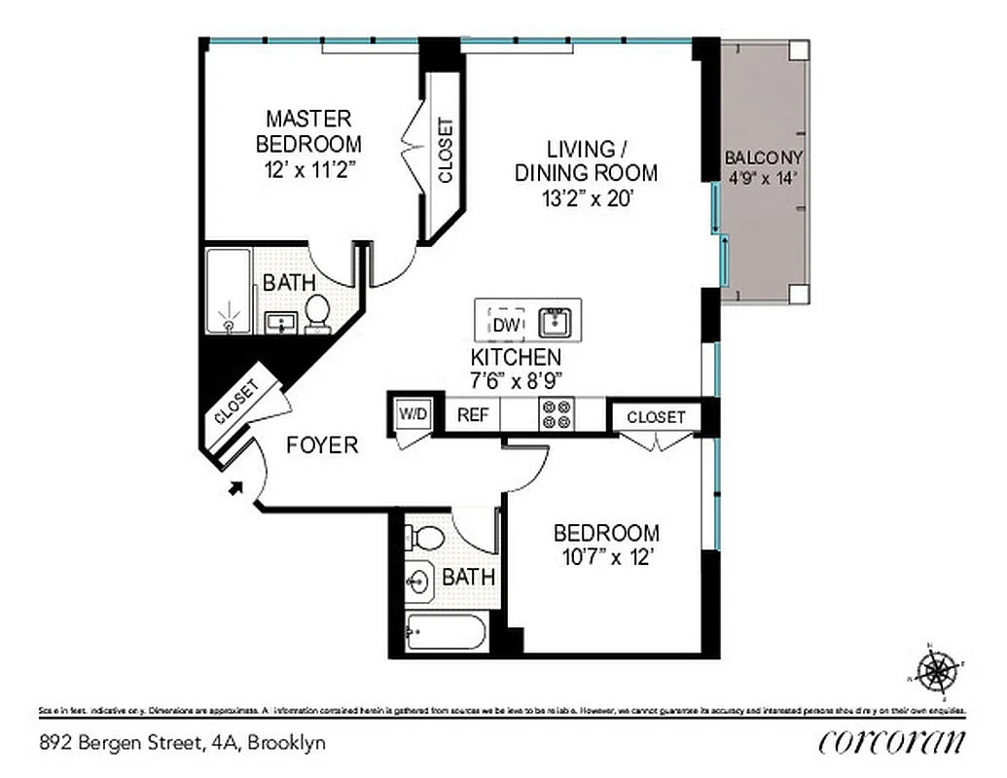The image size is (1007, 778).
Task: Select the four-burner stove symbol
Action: [x=557, y=414]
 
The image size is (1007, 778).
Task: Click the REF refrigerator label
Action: [x=473, y=415]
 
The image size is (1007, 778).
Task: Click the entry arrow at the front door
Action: [x=234, y=487]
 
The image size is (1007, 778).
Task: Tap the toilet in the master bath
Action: [x=317, y=312]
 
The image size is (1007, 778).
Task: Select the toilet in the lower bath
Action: [x=424, y=537]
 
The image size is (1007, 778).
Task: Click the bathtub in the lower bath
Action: [x=447, y=635]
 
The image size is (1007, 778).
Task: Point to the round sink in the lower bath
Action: [x=419, y=582]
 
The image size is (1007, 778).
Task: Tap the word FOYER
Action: [x=322, y=445]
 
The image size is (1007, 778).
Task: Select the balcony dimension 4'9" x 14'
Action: [x=764, y=178]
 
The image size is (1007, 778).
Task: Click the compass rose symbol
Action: [x=937, y=670]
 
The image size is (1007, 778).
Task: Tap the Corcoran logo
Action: [x=892, y=741]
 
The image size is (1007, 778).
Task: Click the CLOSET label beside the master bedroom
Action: [x=446, y=151]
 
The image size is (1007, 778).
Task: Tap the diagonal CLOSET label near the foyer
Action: [x=235, y=402]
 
